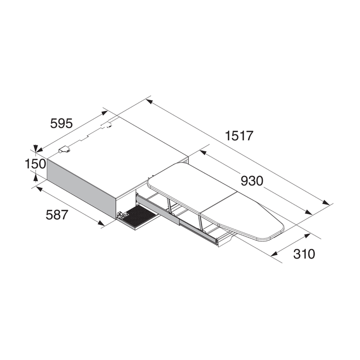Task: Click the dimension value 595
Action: point(61,123)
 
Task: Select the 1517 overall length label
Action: point(239,135)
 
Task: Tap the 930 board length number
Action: point(252,181)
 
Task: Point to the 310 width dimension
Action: point(304,254)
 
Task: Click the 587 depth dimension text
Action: point(57,215)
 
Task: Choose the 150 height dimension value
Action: point(36,164)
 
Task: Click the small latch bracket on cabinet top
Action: point(64,150)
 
